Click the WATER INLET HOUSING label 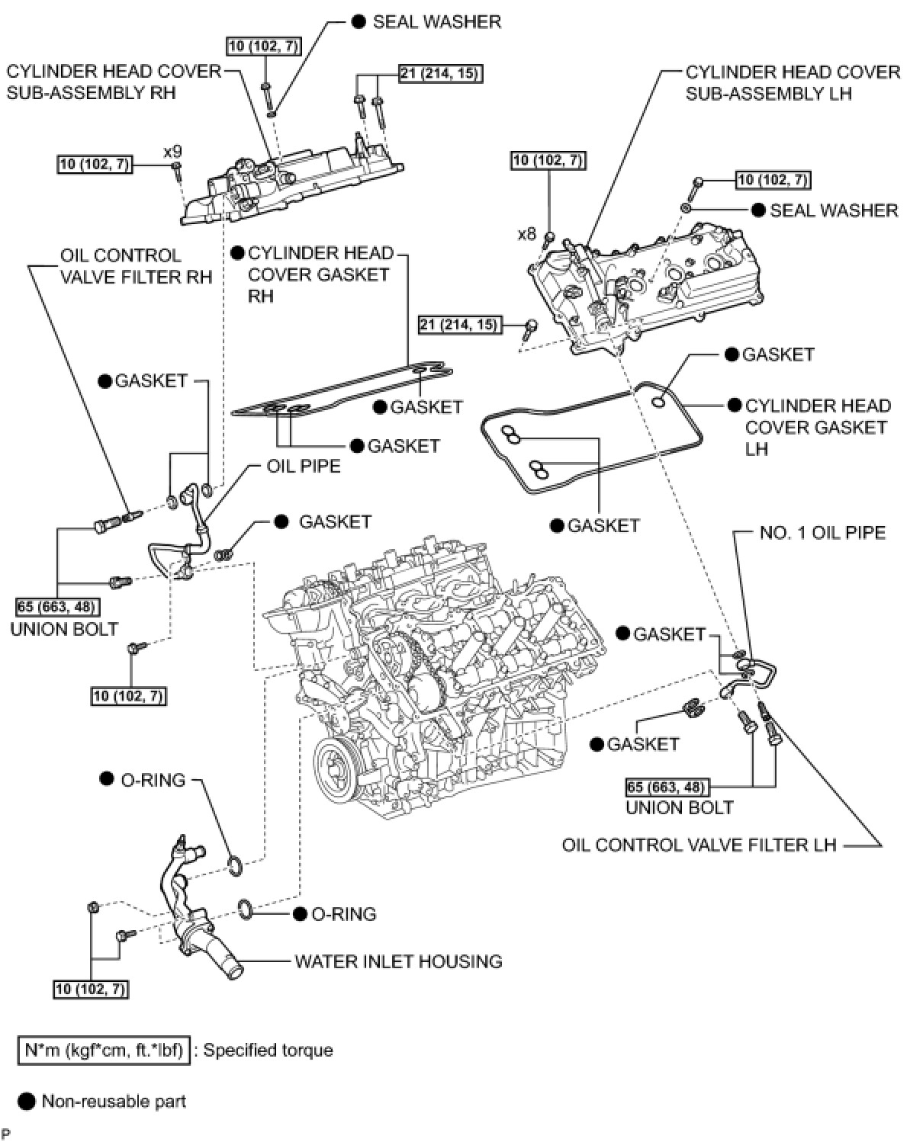coord(398,961)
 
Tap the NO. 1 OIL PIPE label coord(822,532)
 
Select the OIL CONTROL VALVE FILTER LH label coord(699,845)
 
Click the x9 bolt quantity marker coord(172,152)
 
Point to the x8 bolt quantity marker coord(527,234)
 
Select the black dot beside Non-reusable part coord(27,1101)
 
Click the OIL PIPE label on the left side coord(304,466)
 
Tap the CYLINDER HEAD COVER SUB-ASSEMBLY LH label coord(793,83)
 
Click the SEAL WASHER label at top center coord(436,21)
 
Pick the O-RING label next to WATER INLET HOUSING coord(343,913)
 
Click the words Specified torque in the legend coord(268,1051)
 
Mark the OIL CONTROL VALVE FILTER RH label coord(136,265)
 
